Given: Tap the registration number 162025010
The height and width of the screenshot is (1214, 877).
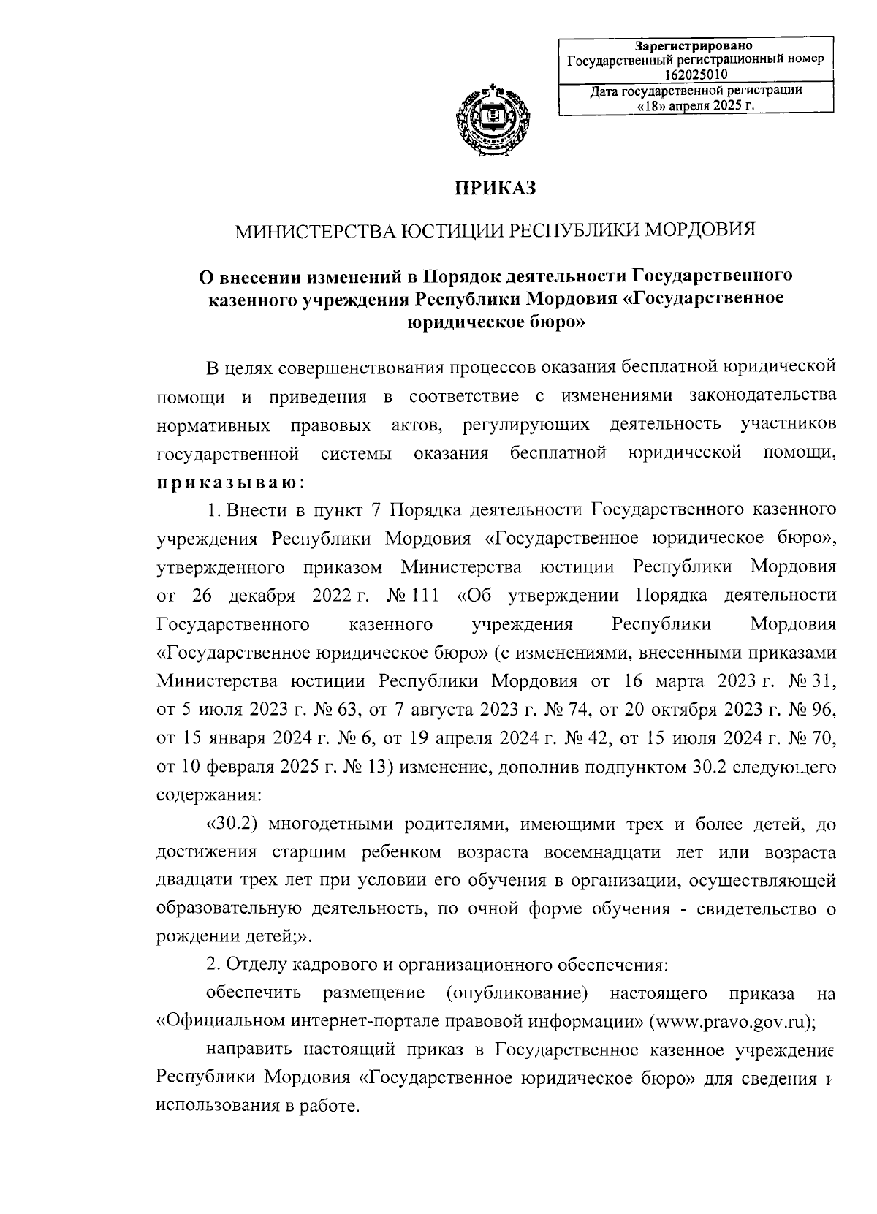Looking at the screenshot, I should (696, 74).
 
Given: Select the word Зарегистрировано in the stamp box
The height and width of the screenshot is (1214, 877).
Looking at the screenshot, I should (696, 46).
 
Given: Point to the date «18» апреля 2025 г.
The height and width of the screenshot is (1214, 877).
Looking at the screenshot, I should (696, 105).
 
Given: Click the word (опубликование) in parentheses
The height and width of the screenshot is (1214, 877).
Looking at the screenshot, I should (516, 994).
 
